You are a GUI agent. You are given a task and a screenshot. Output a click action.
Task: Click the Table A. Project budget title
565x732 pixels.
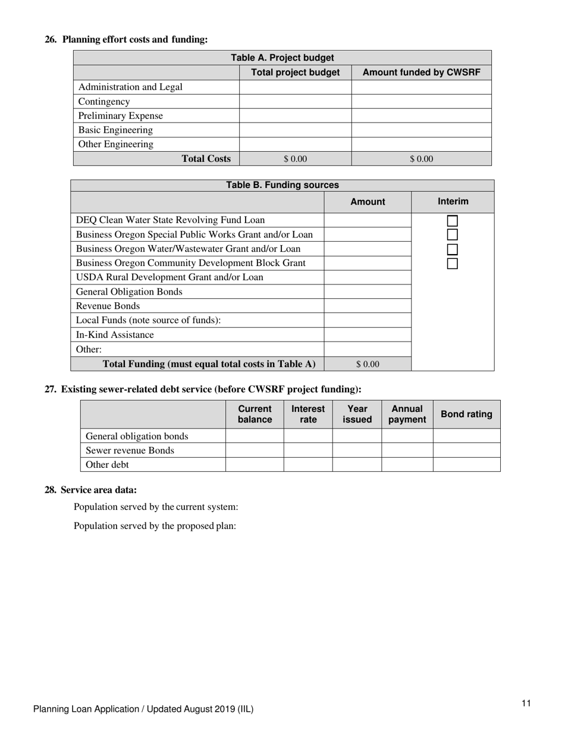282,58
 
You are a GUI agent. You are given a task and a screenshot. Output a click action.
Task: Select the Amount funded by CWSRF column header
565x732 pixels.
421,73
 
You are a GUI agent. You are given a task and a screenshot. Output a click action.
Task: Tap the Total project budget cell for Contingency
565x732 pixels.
295,102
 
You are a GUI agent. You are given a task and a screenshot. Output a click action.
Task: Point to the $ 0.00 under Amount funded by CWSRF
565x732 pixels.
421,159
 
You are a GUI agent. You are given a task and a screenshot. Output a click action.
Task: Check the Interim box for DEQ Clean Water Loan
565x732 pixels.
452,221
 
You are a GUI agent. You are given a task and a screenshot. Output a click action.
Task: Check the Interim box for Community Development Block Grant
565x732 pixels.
452,264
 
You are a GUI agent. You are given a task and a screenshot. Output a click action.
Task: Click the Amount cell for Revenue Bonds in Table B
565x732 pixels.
368,306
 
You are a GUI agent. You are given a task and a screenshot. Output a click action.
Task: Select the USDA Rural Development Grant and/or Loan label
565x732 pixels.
169,277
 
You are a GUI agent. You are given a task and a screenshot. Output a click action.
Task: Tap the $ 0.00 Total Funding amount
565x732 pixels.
368,364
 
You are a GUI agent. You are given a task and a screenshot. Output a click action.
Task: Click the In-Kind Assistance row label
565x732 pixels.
115,335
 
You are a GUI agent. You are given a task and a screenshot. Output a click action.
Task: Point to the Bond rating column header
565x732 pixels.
466,414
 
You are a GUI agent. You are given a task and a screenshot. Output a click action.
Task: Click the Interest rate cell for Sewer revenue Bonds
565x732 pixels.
307,451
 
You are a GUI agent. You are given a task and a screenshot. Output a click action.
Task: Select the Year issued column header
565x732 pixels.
357,414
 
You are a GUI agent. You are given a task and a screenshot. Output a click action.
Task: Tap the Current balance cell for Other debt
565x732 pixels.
255,465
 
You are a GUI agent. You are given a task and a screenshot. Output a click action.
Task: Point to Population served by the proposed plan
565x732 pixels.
155,526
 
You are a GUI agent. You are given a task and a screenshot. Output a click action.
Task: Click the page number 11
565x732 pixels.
526,703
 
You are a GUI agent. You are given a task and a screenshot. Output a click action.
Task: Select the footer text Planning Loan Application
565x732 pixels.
143,709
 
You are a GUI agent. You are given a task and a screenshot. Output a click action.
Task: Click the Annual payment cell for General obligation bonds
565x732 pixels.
407,436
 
